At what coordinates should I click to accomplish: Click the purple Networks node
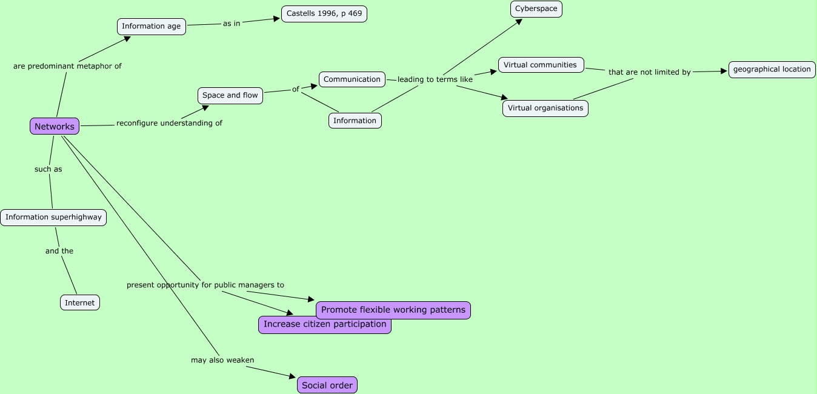(55, 126)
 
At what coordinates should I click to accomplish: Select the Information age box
(152, 26)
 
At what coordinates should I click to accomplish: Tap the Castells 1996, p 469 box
(324, 13)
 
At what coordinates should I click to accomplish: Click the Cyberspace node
(536, 8)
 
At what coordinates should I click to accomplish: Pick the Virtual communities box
(541, 65)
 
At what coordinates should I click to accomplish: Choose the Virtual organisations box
(545, 108)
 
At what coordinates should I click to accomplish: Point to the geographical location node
(772, 69)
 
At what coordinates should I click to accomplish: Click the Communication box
(352, 79)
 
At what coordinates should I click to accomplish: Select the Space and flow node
(230, 95)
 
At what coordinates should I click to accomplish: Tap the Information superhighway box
(53, 217)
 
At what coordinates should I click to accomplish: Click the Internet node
(80, 302)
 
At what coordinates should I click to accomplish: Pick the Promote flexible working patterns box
(393, 310)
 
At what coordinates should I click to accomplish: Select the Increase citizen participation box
(325, 324)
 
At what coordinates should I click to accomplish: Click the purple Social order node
(327, 385)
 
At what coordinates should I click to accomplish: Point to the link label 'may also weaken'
(222, 360)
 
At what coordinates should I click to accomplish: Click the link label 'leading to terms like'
(435, 79)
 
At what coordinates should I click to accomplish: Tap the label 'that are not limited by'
(650, 72)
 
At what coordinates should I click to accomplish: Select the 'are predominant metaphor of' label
(67, 66)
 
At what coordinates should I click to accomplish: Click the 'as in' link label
(232, 24)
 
